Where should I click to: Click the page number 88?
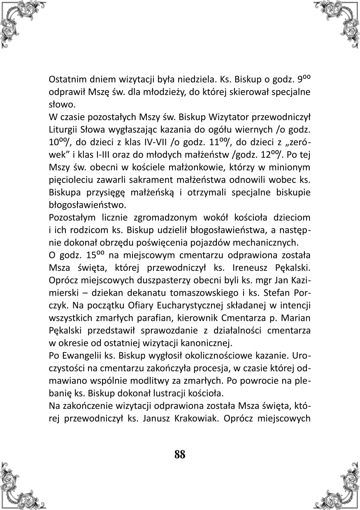pyautogui.click(x=180, y=454)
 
